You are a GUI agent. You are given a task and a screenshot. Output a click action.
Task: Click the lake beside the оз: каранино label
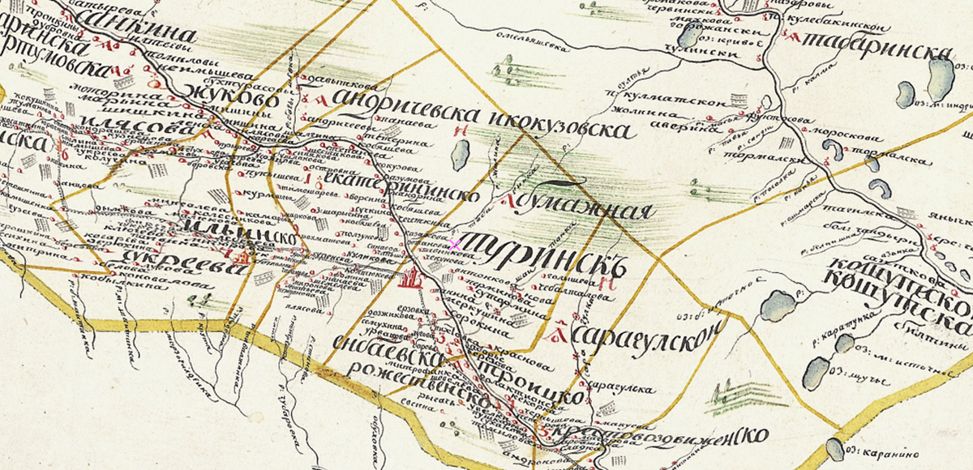pyautogui.click(x=834, y=449)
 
